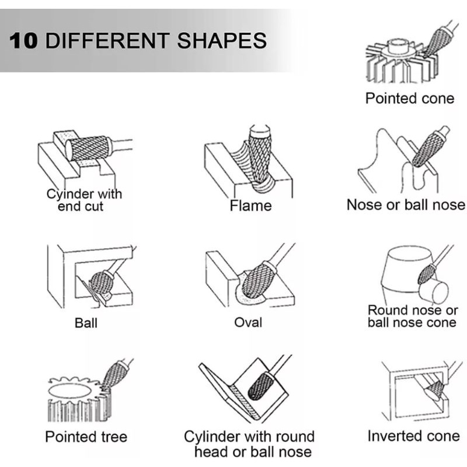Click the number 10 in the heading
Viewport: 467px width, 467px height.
[24, 40]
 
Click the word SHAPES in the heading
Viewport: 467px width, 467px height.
[222, 40]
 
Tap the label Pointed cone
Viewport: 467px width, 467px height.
[410, 99]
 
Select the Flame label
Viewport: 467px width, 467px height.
[251, 206]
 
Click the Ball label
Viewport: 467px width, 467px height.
[86, 323]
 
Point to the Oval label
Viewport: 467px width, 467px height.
[248, 323]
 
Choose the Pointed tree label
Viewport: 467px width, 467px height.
[86, 437]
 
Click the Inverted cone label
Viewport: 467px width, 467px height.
[414, 436]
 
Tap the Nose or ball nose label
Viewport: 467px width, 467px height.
[406, 205]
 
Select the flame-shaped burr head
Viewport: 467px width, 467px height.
[260, 158]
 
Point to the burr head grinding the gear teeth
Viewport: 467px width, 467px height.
[113, 375]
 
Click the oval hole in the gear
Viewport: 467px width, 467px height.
[69, 391]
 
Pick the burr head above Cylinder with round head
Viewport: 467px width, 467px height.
[260, 386]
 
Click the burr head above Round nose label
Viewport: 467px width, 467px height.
[427, 274]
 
